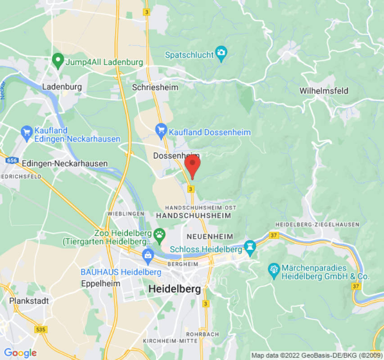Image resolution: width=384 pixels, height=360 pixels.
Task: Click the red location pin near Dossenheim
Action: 193,166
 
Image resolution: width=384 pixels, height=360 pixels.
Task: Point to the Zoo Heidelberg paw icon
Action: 159,234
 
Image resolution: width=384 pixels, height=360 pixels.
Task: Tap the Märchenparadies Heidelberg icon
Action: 274,270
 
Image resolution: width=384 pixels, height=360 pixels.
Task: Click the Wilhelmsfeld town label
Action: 324,91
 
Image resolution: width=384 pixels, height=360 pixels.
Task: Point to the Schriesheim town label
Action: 149,87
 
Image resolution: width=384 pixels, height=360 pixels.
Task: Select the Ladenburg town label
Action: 62,86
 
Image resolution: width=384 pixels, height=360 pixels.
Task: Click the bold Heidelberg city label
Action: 175,289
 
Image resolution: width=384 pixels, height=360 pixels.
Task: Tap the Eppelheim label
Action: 101,283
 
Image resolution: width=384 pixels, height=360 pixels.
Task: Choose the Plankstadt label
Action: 29,301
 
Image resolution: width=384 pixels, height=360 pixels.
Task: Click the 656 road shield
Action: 13,160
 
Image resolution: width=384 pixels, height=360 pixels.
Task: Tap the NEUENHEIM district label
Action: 210,236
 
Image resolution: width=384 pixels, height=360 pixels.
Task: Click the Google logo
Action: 20,353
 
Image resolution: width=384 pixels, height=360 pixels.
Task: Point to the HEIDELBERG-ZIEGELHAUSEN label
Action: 317,224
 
